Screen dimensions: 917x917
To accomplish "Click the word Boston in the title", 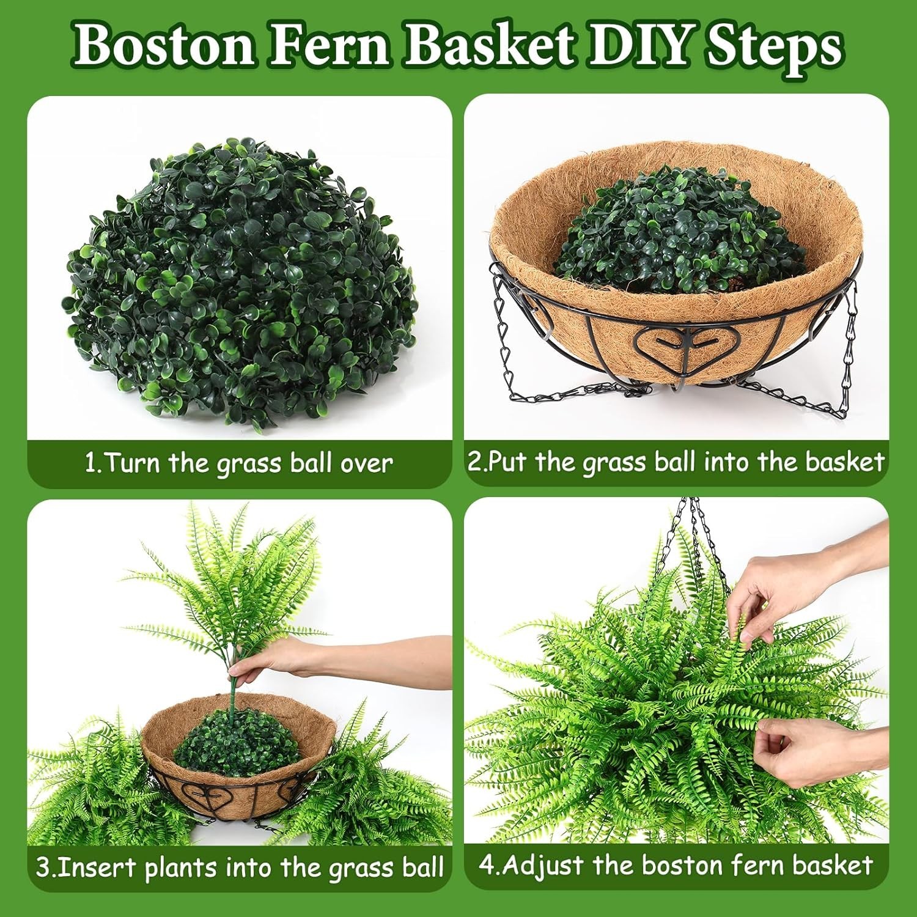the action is pyautogui.click(x=164, y=46).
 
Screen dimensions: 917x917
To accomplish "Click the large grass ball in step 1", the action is pyautogui.click(x=238, y=284).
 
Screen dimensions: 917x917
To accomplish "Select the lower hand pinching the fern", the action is pyautogui.click(x=795, y=752).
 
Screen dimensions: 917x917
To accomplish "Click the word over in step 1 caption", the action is pyautogui.click(x=367, y=463).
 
